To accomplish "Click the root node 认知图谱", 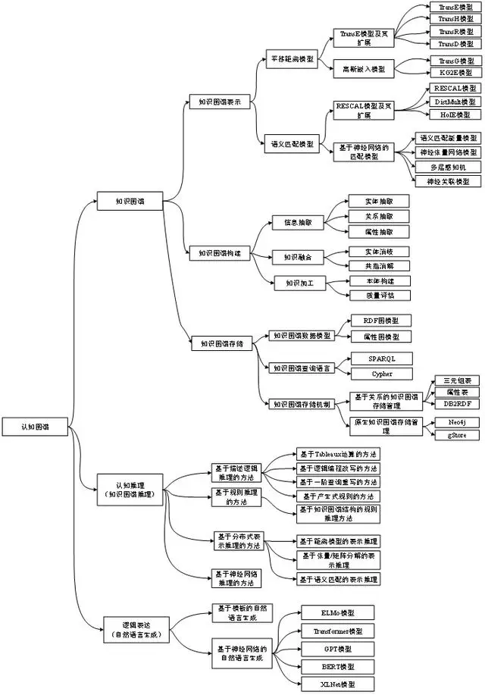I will [35, 427].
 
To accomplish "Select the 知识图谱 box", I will [130, 201].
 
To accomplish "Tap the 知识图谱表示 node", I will [219, 102].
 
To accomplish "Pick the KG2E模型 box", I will [455, 72].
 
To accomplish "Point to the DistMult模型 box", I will [455, 102].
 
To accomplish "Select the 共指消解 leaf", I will [378, 266].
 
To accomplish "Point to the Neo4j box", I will [455, 421].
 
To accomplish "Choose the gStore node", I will [455, 436].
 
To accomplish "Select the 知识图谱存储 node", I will [221, 343].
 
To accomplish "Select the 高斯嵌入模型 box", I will [362, 68].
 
